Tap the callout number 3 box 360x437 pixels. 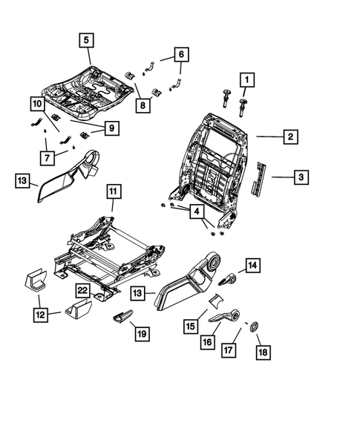pyautogui.click(x=301, y=177)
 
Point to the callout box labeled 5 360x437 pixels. pyautogui.click(x=87, y=40)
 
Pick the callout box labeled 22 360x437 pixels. pyautogui.click(x=85, y=290)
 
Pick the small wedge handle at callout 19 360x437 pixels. pyautogui.click(x=122, y=318)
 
